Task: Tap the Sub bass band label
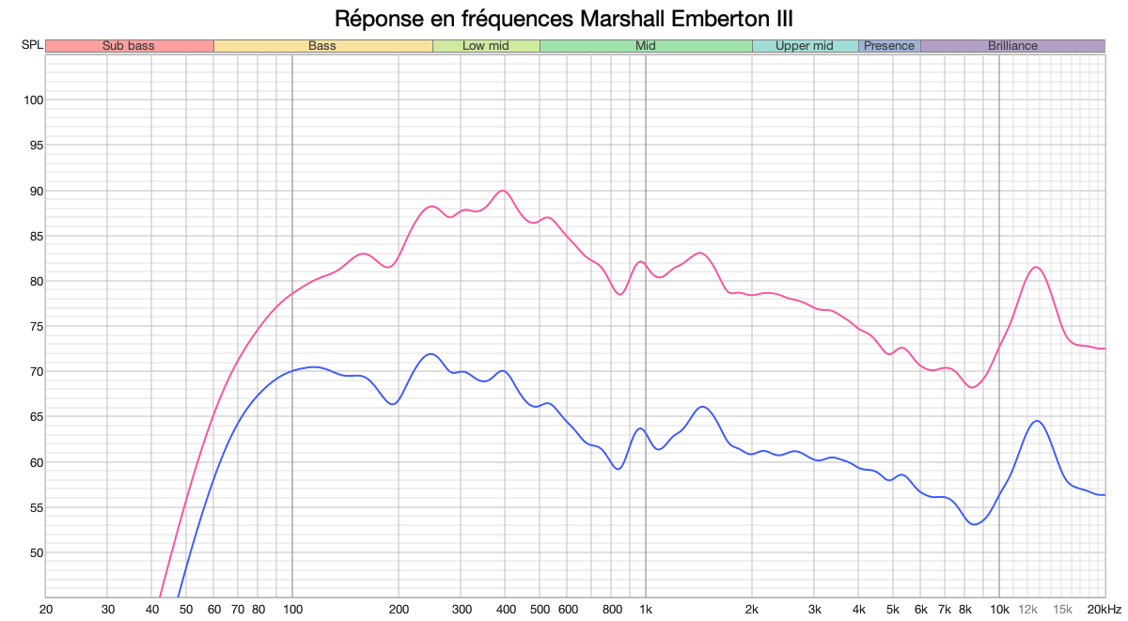tap(129, 45)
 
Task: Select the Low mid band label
tap(486, 45)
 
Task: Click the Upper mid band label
tap(805, 45)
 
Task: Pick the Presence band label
tap(888, 45)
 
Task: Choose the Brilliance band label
tap(1012, 45)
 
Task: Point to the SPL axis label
tap(31, 45)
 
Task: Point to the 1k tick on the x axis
tap(646, 609)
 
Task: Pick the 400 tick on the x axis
tap(505, 609)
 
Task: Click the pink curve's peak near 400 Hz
tap(503, 191)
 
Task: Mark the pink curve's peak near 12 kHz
tap(1035, 268)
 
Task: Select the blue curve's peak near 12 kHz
tap(1036, 421)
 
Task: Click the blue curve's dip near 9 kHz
tap(974, 524)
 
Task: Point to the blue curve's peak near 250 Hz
tap(431, 354)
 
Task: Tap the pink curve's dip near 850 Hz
tap(619, 294)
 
